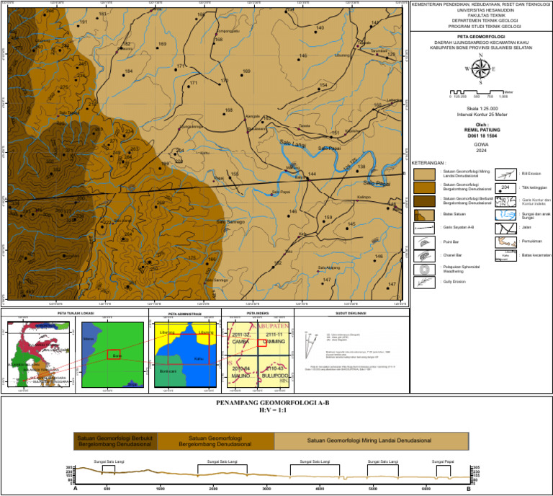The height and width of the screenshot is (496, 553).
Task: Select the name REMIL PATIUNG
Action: [x=482, y=130]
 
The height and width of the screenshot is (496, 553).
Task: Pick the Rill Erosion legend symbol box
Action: [x=505, y=174]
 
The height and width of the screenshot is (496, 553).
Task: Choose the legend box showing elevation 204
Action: [x=505, y=187]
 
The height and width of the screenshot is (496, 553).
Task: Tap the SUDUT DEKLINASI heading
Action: [x=352, y=314]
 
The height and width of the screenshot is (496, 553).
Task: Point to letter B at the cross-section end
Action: [x=468, y=488]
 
